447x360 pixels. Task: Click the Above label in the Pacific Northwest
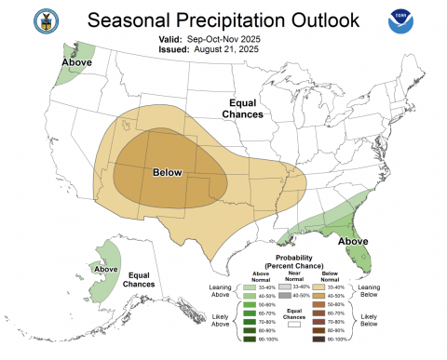(79, 62)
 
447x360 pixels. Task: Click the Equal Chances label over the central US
(244, 108)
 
